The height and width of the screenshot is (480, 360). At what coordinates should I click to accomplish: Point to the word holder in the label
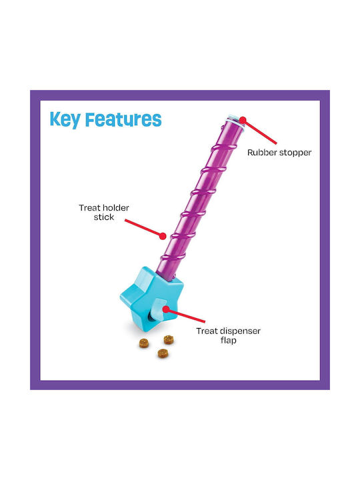coord(116,208)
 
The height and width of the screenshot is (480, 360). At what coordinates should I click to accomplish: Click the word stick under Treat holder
coord(104,217)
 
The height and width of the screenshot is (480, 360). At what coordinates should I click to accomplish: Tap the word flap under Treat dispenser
coord(229,340)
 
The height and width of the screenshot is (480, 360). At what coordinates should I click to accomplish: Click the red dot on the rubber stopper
coord(243,119)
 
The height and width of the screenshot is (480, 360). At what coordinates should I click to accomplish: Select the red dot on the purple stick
coord(163,236)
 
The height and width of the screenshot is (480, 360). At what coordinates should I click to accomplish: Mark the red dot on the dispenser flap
coord(165,309)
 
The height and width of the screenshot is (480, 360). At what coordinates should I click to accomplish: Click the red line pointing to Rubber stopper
coord(259,131)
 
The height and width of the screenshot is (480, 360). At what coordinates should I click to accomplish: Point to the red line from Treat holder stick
coord(143,228)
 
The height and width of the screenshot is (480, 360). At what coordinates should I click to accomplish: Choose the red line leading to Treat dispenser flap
coord(185,315)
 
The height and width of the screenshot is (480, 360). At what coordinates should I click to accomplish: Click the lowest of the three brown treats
coord(163,353)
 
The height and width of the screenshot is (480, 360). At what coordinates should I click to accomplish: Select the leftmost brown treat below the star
coord(144,343)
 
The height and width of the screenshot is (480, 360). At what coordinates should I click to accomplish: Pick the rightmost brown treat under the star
coord(169,339)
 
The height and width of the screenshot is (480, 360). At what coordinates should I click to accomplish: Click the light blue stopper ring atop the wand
coord(236,121)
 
